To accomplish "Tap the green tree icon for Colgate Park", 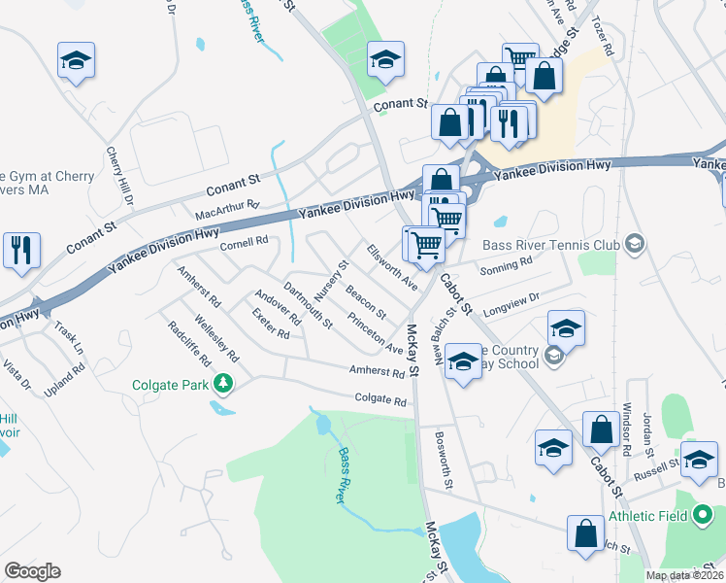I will coord(224,385).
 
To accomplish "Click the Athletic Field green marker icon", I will coord(706,516).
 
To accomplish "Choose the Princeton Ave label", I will coord(375,333).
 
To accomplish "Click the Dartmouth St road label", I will coord(309,303).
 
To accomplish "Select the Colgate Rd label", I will coord(380,398).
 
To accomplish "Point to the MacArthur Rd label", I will coord(227,206).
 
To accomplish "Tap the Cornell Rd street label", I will coord(244,242).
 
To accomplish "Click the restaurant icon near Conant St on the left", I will coord(20,249).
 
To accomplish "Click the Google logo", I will coord(32,571).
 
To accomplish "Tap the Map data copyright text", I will coord(683,575).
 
